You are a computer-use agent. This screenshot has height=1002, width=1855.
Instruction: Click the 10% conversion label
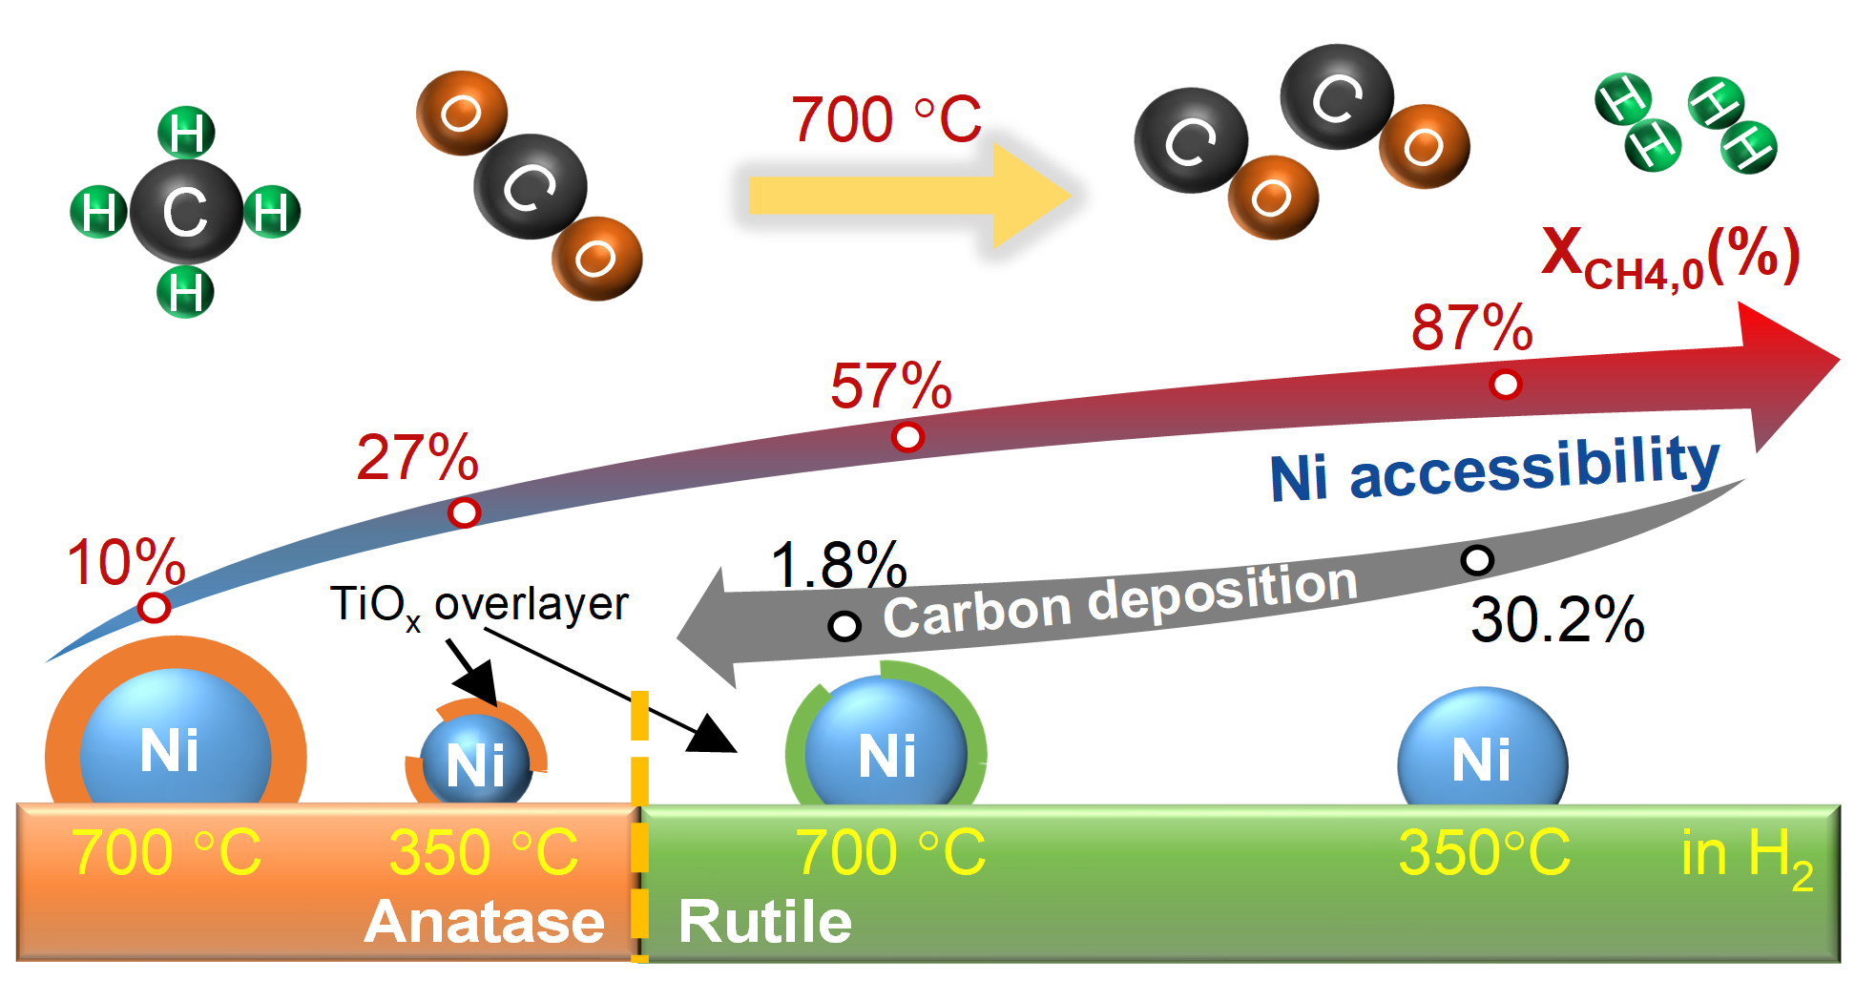(x=125, y=562)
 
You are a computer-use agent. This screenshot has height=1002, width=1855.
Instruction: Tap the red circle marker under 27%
(x=465, y=512)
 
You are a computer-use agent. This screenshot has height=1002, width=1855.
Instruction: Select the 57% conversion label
(x=890, y=386)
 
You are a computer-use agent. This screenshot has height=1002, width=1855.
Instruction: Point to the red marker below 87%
(x=1505, y=385)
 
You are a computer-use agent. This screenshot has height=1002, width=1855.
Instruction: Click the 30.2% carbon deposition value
(x=1556, y=619)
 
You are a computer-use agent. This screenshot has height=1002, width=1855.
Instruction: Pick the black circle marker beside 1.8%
(x=844, y=626)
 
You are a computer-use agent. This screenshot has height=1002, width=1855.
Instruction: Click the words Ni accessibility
(x=1493, y=469)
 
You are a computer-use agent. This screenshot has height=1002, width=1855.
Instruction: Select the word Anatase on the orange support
(x=484, y=922)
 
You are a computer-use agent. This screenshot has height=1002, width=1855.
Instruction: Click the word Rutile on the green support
(x=764, y=922)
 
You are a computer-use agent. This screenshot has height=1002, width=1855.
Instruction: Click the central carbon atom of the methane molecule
(x=186, y=211)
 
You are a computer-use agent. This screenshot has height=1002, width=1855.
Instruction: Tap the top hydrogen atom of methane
(x=186, y=132)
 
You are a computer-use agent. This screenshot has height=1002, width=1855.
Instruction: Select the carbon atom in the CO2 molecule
(x=531, y=186)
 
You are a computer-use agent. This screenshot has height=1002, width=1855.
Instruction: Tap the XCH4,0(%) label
(x=1670, y=257)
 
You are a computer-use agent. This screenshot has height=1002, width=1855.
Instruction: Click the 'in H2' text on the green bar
(x=1745, y=855)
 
